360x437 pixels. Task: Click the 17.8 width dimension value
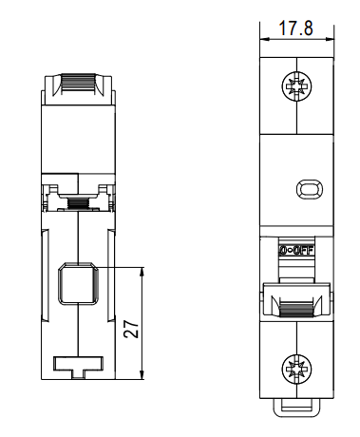(296, 28)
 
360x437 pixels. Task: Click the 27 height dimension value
(131, 329)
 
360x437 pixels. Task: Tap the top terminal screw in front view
(296, 85)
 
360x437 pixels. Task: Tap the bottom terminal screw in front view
(296, 369)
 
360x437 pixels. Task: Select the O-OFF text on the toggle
(296, 251)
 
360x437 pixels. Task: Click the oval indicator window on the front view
(310, 189)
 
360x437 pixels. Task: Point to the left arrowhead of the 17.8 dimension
(264, 39)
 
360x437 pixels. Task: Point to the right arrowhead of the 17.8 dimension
(329, 39)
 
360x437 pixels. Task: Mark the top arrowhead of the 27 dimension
(142, 272)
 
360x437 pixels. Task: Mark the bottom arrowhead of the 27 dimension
(142, 374)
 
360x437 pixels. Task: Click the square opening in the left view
(78, 284)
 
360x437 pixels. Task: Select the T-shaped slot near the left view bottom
(78, 368)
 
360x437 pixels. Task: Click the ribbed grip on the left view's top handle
(78, 84)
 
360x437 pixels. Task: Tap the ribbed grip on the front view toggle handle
(296, 310)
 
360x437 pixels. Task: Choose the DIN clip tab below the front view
(296, 408)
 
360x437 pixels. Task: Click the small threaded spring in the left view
(78, 202)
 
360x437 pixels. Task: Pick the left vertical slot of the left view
(46, 275)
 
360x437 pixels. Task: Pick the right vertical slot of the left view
(111, 275)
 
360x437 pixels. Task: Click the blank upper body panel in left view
(78, 139)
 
